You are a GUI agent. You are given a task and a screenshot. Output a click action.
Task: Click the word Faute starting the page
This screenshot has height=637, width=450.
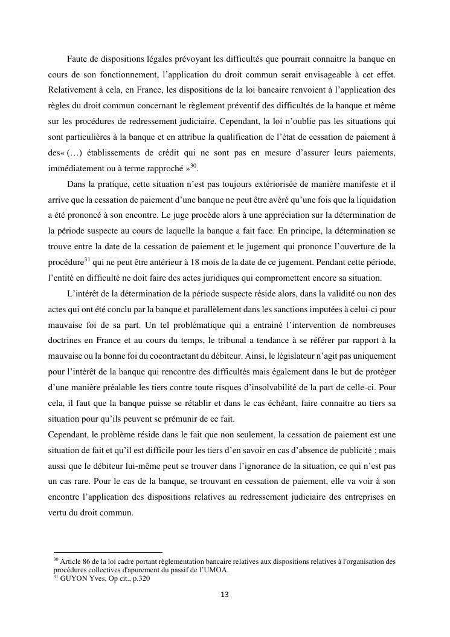(x=77, y=59)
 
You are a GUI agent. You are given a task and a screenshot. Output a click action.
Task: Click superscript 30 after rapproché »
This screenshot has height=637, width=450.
(x=194, y=166)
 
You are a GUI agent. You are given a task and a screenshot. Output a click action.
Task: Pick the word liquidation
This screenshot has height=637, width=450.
(x=374, y=200)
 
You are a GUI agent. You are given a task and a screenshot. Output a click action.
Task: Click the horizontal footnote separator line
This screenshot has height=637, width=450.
(x=108, y=552)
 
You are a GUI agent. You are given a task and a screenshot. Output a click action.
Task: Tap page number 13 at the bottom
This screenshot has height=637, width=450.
(x=225, y=595)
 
